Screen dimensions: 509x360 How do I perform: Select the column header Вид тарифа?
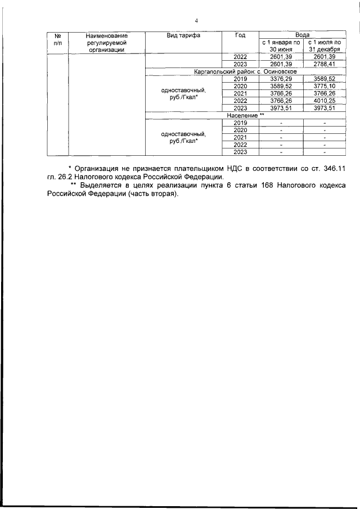pos(183,35)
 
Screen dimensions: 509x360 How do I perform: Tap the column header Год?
pos(240,35)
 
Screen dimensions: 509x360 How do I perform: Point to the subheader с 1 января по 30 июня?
pos(281,46)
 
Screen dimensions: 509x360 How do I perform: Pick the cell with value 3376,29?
pos(281,79)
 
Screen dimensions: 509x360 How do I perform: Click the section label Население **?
pos(246,115)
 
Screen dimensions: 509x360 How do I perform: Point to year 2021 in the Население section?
pos(240,137)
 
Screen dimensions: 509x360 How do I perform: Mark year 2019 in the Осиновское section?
pos(240,79)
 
